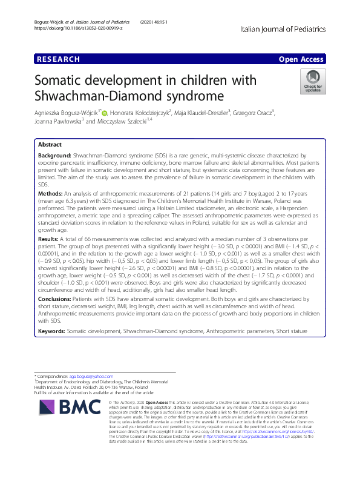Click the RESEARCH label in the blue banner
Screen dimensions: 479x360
click(58, 59)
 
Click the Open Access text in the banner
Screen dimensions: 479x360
click(302, 59)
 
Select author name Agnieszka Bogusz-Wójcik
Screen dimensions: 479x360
click(67, 112)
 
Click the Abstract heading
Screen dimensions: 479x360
click(50, 145)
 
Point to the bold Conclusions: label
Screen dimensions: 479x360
click(56, 299)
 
